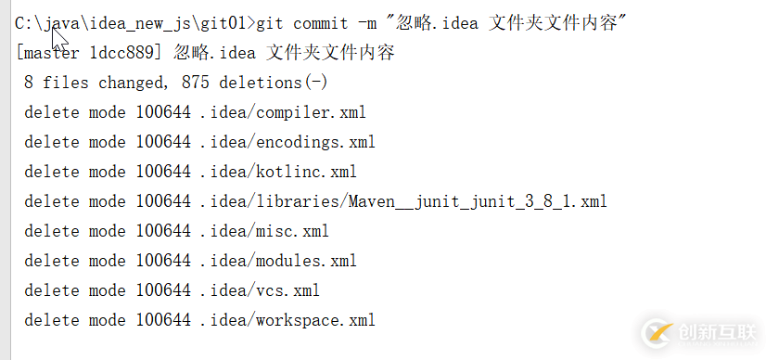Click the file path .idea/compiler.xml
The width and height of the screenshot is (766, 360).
283,112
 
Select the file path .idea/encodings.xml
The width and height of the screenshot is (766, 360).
287,142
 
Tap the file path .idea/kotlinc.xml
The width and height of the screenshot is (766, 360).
278,172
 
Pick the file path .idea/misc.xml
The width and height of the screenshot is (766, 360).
264,231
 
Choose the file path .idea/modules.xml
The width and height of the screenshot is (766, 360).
278,261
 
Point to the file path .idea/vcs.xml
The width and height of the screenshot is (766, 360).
260,290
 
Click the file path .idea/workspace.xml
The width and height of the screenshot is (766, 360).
287,320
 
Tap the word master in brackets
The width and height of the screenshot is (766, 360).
51,53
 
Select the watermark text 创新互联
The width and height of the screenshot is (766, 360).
715,331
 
